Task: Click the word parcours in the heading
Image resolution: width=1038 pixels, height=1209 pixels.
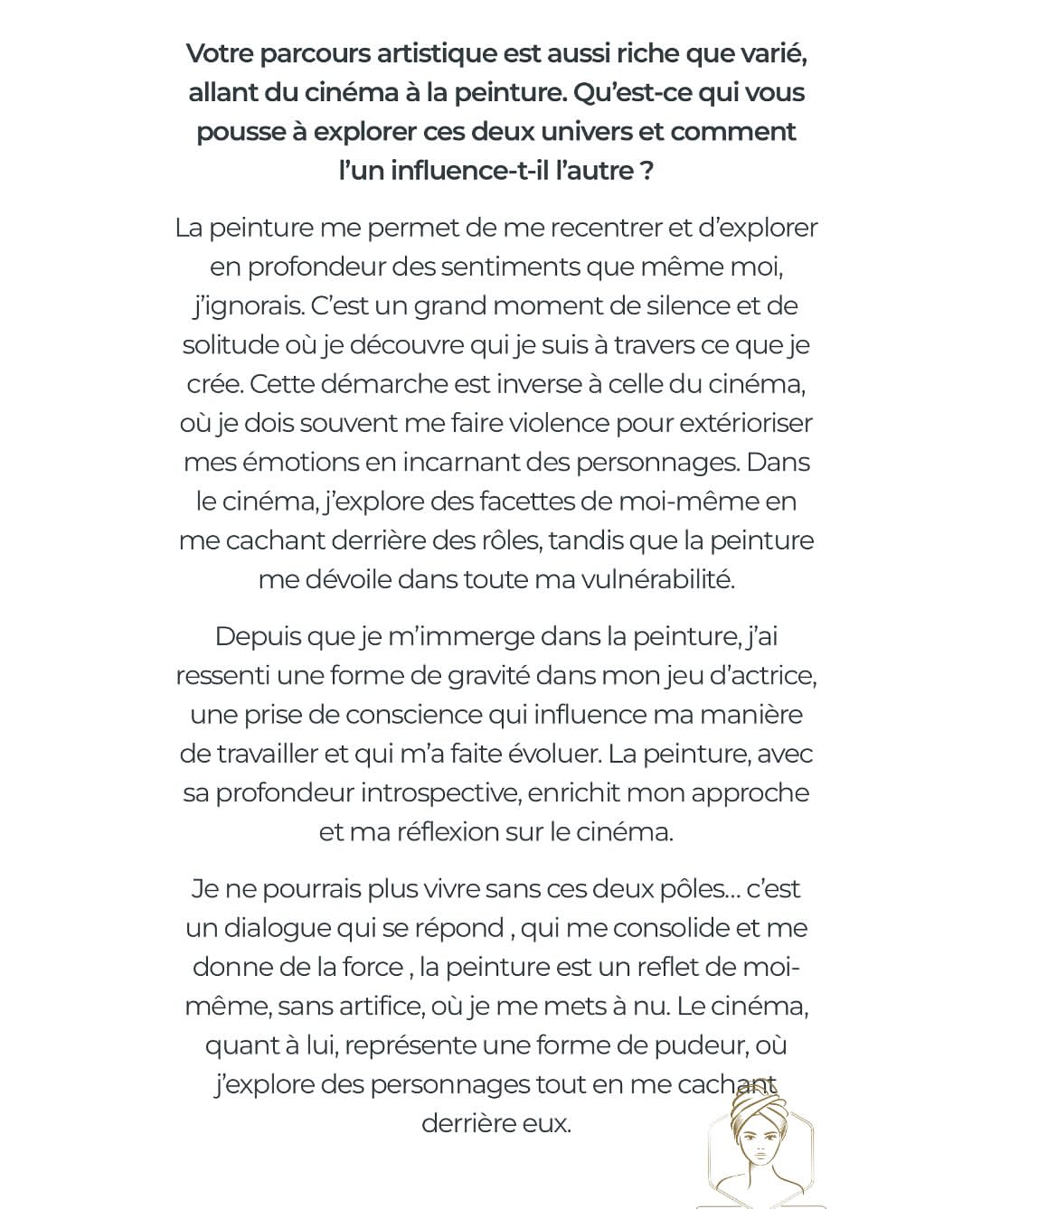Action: (x=313, y=54)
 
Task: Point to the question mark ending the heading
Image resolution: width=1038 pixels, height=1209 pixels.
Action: (x=646, y=171)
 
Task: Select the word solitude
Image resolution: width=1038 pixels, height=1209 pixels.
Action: (x=230, y=344)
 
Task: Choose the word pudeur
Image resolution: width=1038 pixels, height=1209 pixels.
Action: (x=696, y=1045)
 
